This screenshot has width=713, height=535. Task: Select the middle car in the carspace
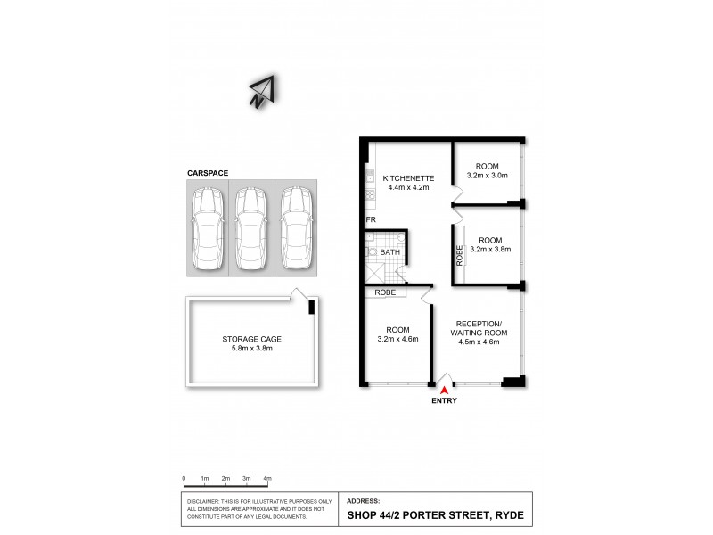pyautogui.click(x=251, y=228)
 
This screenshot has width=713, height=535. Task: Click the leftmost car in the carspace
pyautogui.click(x=207, y=228)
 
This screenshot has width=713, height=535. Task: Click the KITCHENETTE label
pyautogui.click(x=406, y=177)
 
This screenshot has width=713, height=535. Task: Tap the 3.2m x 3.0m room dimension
pyautogui.click(x=487, y=176)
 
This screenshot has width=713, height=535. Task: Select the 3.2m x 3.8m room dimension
pyautogui.click(x=487, y=251)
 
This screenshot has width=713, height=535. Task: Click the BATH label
pyautogui.click(x=390, y=253)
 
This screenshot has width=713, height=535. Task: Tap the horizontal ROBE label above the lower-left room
pyautogui.click(x=385, y=292)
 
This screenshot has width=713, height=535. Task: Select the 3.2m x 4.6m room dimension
pyautogui.click(x=397, y=339)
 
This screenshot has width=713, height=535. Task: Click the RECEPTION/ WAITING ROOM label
pyautogui.click(x=481, y=327)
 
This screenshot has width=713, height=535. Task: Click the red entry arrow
pyautogui.click(x=443, y=386)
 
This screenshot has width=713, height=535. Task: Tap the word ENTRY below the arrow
pyautogui.click(x=443, y=401)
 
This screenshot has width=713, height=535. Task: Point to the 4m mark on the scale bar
pyautogui.click(x=267, y=479)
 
